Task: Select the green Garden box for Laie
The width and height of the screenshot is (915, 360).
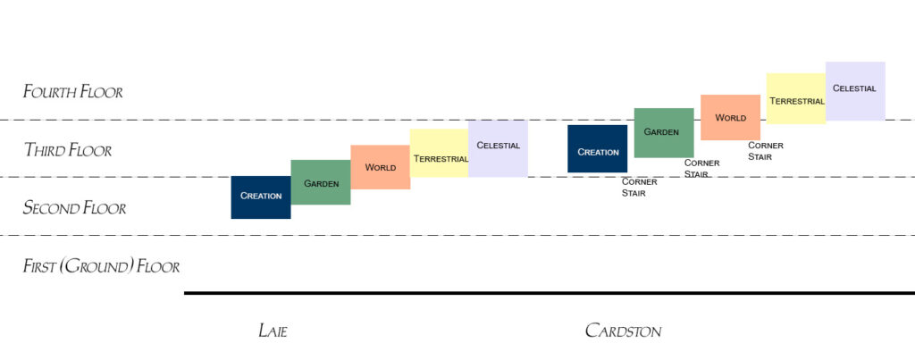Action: point(321,182)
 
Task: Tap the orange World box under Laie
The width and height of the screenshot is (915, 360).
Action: point(381,167)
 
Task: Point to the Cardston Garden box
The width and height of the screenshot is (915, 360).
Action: point(664,132)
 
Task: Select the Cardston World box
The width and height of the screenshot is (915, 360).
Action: point(730,117)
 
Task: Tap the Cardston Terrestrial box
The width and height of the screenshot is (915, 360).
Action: point(796,99)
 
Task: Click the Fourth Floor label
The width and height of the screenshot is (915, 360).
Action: point(73,91)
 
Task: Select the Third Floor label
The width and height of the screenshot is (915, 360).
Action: point(68,150)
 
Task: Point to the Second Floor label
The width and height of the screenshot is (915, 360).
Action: point(74,208)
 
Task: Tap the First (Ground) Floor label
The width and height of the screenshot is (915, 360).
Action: point(101,266)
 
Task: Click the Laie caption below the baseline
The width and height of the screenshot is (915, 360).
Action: point(273,331)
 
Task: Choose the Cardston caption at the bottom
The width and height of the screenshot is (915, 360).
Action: point(623,331)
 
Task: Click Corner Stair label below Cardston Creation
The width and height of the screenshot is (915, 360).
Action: point(639,187)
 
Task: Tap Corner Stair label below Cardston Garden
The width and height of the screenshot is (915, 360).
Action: point(702,168)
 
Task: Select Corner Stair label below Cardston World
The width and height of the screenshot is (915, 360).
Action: point(766,150)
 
